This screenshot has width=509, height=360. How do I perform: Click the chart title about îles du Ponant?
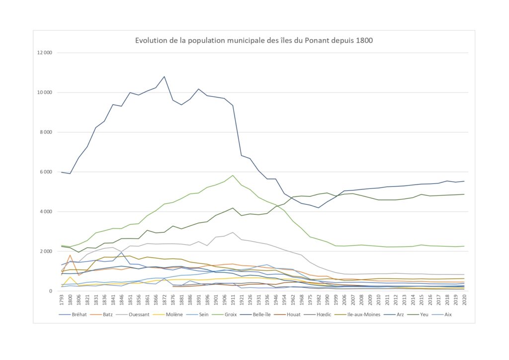tap(254, 40)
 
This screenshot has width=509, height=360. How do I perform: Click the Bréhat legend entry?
tap(78, 315)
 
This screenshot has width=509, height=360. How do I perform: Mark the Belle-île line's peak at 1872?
tap(164, 77)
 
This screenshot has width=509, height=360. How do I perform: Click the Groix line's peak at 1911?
tap(233, 175)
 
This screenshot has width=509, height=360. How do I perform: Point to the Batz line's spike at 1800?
tap(70, 255)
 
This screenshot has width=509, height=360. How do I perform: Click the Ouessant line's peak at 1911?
tap(233, 232)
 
